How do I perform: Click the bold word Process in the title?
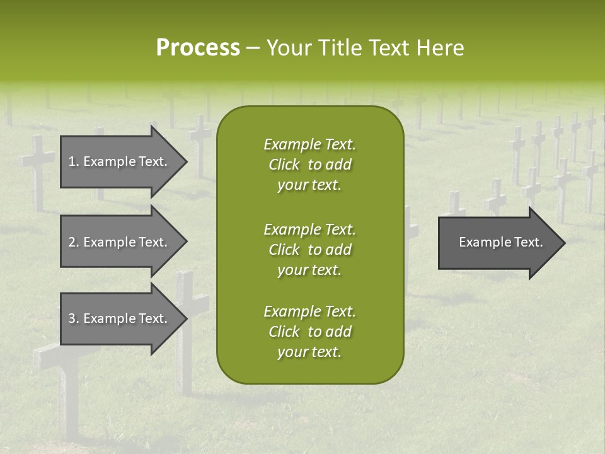(x=198, y=48)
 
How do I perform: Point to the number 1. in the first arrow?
(x=73, y=161)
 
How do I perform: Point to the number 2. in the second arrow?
(x=73, y=242)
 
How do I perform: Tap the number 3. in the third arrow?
(x=73, y=318)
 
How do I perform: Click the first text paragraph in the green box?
(x=309, y=165)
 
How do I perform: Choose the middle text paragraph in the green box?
(x=309, y=250)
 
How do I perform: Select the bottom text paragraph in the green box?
(x=309, y=332)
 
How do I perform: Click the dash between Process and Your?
(x=253, y=49)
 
